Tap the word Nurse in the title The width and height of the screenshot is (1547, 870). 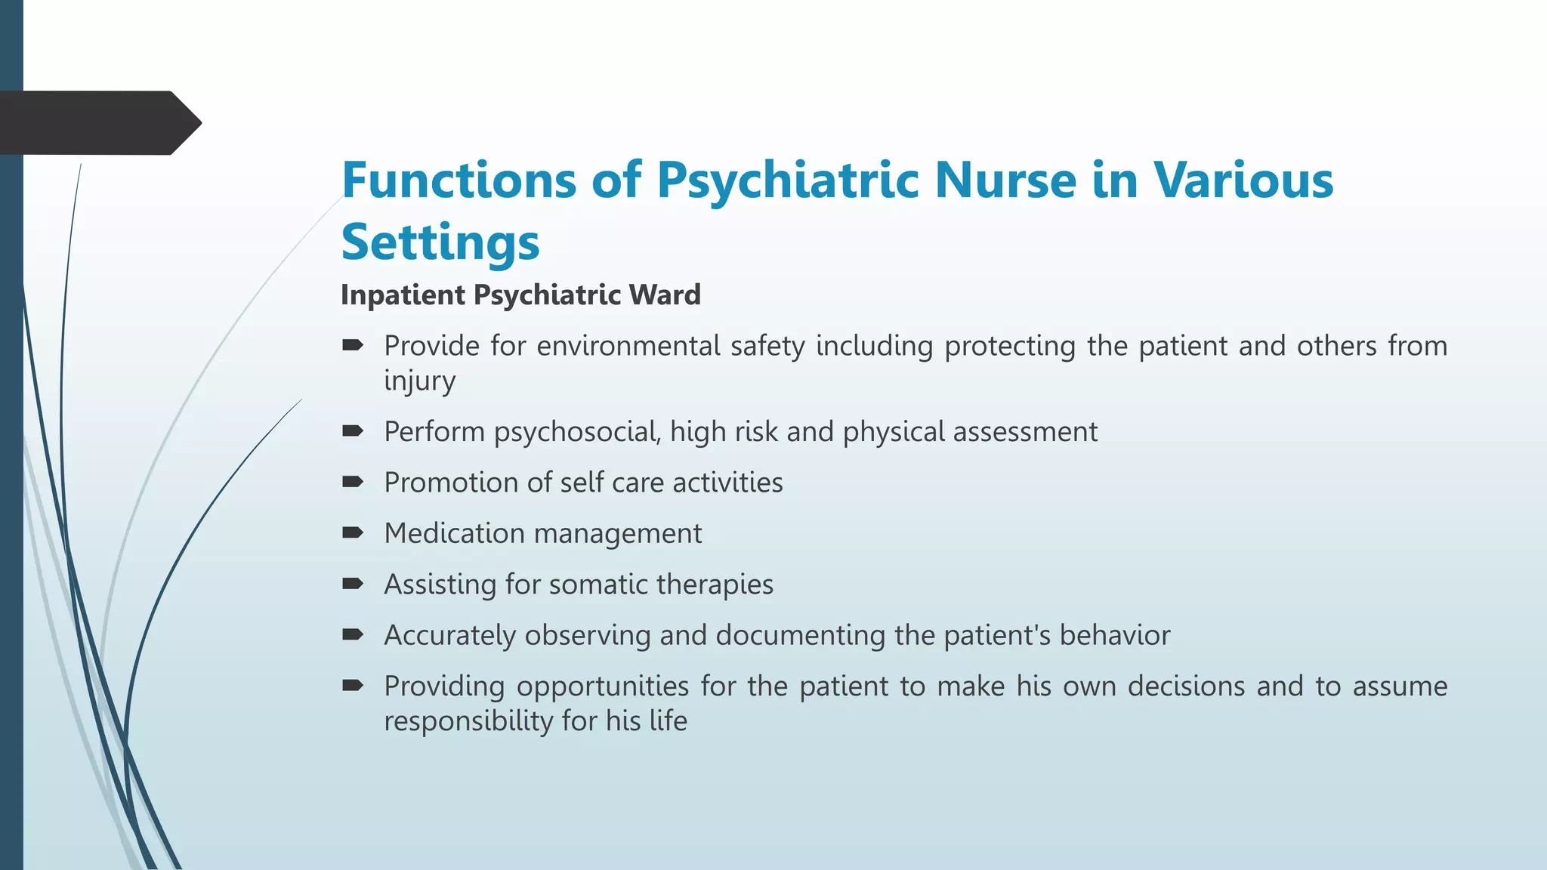1006,180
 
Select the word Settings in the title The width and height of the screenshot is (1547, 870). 440,243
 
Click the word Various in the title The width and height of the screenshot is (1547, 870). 1243,180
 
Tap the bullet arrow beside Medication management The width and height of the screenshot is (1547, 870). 353,533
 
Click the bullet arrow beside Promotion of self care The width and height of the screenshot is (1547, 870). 353,482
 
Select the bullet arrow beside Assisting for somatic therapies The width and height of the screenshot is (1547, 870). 353,584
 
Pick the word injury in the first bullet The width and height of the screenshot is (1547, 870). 419,381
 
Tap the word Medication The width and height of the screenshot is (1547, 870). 454,533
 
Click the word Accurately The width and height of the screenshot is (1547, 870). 449,636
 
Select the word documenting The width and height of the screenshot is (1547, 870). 800,636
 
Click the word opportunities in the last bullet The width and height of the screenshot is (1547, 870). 603,686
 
